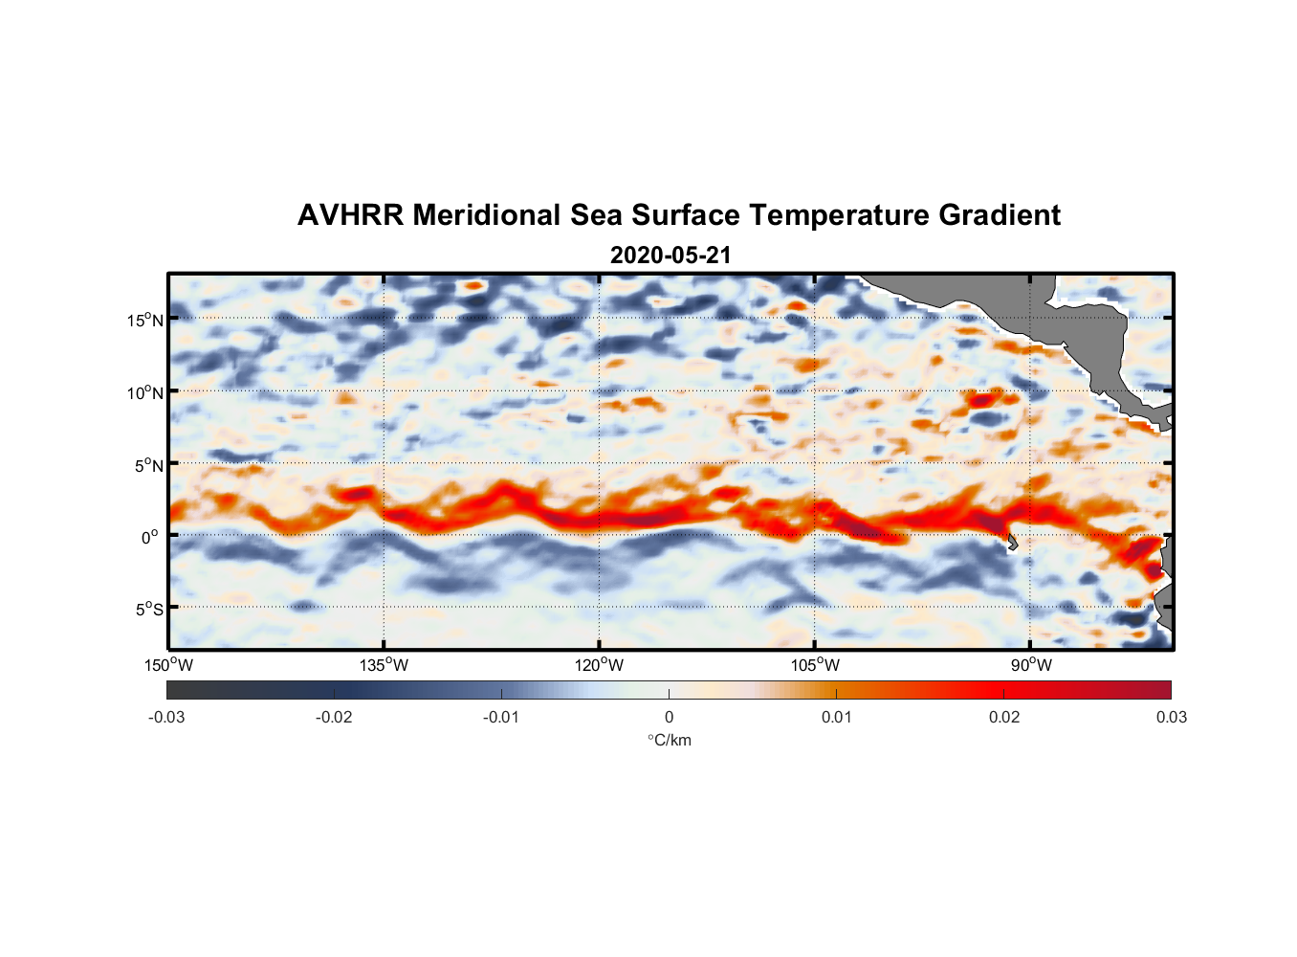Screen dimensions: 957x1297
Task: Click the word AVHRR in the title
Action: [349, 215]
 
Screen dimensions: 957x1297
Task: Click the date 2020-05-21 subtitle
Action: [670, 256]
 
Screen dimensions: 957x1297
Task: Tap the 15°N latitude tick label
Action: [145, 320]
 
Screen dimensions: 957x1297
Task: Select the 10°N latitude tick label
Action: [145, 392]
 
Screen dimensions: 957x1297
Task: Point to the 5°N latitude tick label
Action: [148, 465]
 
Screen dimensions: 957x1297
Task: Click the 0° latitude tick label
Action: [150, 537]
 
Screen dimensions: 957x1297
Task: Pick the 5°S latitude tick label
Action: [148, 609]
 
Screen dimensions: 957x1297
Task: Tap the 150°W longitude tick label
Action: [169, 665]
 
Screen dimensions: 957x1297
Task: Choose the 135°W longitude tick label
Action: [385, 665]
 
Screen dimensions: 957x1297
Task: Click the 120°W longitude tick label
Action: [600, 665]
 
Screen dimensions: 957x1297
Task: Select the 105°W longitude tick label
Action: [815, 665]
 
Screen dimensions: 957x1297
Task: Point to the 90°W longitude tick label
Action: [1031, 665]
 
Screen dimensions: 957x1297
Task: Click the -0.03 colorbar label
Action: [166, 717]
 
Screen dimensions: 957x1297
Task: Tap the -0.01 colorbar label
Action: [501, 717]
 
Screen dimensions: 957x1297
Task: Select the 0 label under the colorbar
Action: [669, 717]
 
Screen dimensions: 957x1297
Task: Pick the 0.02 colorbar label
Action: [1004, 717]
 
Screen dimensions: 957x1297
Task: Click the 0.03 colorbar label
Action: [1171, 717]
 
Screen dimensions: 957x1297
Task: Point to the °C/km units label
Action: [670, 740]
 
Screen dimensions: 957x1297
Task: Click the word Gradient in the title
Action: [1000, 215]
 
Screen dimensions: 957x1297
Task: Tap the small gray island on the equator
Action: [1011, 542]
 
